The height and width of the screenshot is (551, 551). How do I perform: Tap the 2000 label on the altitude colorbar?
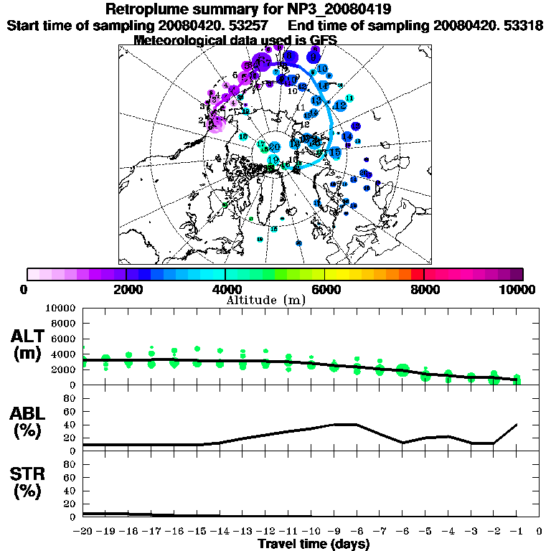coord(126,290)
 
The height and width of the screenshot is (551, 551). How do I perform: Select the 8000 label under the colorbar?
coord(424,290)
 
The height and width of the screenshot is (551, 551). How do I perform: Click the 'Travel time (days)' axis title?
coord(314,544)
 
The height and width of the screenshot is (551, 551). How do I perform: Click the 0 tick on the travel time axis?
coord(540,532)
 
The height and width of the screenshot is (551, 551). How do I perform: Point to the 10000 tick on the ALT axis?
coord(65,308)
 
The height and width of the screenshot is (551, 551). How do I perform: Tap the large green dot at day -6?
coord(402,370)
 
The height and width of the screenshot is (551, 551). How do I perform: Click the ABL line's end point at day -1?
coord(517,425)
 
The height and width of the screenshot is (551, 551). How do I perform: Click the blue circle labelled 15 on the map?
coord(334,152)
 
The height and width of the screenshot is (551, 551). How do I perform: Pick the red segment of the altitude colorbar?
coord(418,274)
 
